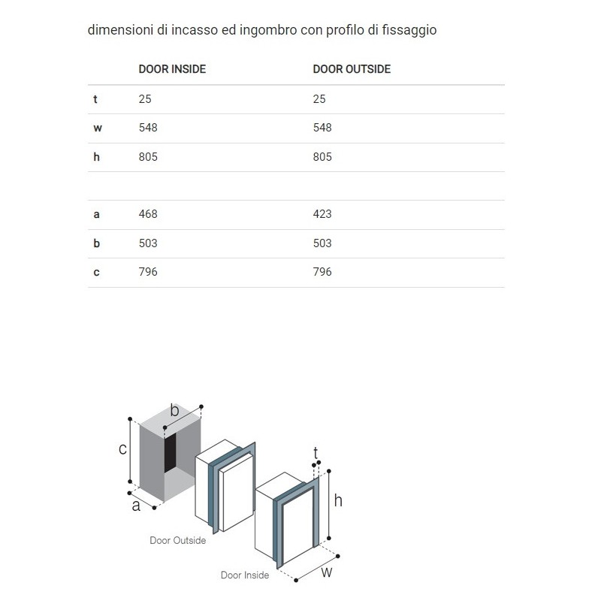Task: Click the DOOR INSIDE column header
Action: click(x=172, y=69)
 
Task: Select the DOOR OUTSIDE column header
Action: click(x=352, y=69)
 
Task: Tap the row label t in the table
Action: click(x=95, y=99)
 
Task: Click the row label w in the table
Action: click(x=97, y=128)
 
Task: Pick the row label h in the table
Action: click(x=96, y=157)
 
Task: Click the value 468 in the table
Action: click(x=148, y=214)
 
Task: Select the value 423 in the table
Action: click(x=322, y=214)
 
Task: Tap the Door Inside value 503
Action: click(x=148, y=243)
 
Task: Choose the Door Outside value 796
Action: click(x=322, y=272)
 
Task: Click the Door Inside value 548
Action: click(x=148, y=128)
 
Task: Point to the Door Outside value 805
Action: click(x=322, y=157)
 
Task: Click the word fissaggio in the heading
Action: click(x=410, y=31)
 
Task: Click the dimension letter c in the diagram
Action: click(x=122, y=449)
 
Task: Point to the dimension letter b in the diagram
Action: click(x=174, y=410)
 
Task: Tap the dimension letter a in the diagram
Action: click(x=136, y=506)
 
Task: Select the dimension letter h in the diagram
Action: click(x=338, y=500)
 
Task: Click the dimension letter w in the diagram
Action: click(x=326, y=572)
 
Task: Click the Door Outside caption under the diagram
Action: click(x=177, y=540)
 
